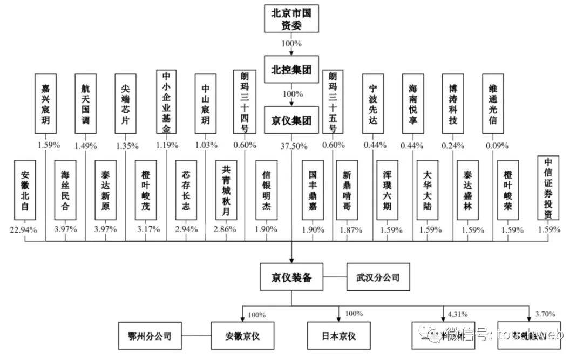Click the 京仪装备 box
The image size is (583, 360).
coord(291,280)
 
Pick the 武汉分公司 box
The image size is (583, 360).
coord(374,280)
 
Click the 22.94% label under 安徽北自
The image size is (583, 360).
coord(23,229)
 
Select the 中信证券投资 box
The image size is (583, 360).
coord(548,188)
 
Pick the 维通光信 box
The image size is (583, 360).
coord(492,105)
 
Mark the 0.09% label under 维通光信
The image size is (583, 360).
coord(492,146)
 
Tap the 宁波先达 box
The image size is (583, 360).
coord(374,105)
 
